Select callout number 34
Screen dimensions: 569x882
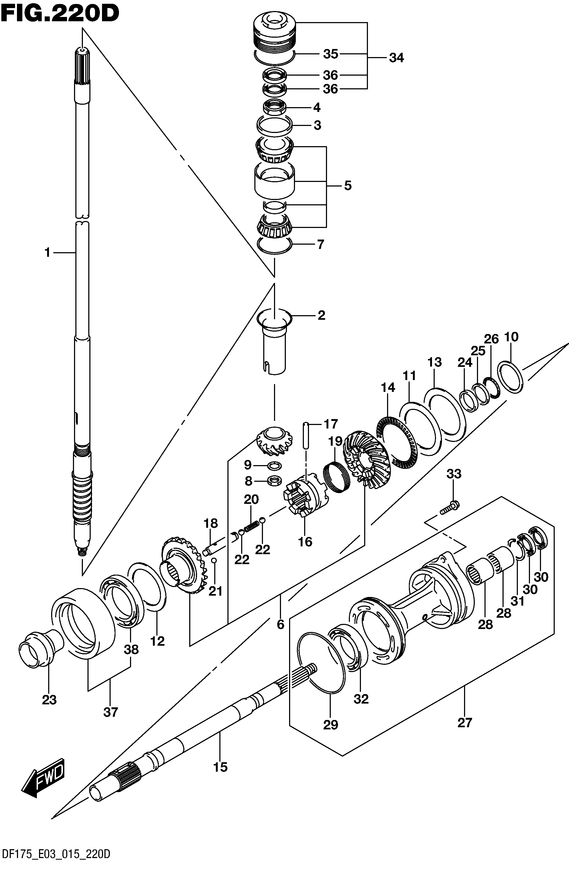396,58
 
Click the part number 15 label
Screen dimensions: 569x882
221,767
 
